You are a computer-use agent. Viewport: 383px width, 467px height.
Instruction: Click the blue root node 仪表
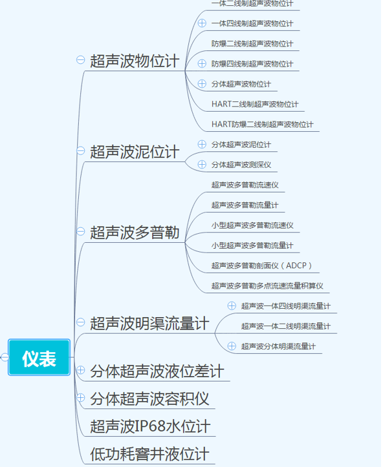click(39, 357)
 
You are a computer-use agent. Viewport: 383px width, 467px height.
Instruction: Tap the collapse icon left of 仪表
click(4, 357)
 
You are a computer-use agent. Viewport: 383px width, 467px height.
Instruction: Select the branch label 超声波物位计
click(135, 61)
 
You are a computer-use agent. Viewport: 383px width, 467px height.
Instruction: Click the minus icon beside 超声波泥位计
click(80, 150)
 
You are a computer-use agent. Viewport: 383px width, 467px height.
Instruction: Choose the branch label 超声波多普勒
click(135, 233)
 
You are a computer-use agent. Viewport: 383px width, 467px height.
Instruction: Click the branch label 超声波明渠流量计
click(149, 323)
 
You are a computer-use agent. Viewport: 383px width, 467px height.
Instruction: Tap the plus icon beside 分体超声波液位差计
click(80, 370)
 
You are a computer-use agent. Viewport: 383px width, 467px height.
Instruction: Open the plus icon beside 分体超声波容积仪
click(80, 398)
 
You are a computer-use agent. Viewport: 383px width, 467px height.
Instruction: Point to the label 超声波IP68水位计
click(150, 426)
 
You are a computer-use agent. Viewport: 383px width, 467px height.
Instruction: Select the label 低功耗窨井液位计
click(149, 454)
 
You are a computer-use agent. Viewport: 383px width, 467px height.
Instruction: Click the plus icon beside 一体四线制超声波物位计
click(202, 23)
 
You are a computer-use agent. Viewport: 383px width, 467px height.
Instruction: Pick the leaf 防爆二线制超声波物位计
click(252, 44)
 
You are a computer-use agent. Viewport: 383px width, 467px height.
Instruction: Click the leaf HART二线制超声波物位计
click(255, 104)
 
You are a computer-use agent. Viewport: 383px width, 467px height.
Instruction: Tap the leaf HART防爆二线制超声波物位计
click(262, 124)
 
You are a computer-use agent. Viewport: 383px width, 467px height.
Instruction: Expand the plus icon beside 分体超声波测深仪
click(202, 165)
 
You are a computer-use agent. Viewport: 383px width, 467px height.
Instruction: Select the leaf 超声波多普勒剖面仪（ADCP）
click(261, 265)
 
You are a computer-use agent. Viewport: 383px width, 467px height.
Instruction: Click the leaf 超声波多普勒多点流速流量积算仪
click(267, 286)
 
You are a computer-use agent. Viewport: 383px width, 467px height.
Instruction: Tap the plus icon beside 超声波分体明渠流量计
click(232, 346)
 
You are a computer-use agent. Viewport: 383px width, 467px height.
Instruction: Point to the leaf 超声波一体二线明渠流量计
click(286, 326)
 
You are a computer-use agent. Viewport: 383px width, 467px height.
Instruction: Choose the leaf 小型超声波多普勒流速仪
click(252, 225)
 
